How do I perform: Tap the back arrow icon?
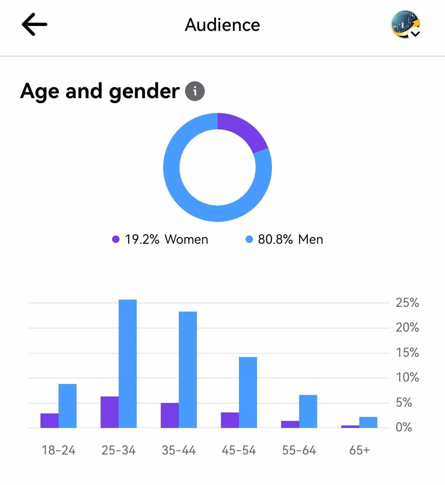(35, 24)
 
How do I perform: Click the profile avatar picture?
(405, 25)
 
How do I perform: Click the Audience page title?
(222, 25)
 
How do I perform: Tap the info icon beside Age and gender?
(195, 91)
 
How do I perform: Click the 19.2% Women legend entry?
(161, 239)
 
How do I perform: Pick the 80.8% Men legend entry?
(284, 239)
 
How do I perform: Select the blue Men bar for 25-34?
(128, 363)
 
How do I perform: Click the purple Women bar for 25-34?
(110, 412)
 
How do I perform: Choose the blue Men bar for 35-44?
(188, 370)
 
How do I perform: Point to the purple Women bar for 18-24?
(49, 420)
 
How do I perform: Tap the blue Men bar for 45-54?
(248, 392)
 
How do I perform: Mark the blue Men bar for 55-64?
(308, 411)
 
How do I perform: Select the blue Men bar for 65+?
(368, 422)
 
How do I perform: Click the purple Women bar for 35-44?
(170, 415)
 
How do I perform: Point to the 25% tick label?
(407, 303)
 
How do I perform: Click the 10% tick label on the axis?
(407, 377)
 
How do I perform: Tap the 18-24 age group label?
(59, 450)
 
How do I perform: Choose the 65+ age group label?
(359, 450)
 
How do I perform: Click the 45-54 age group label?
(239, 450)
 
